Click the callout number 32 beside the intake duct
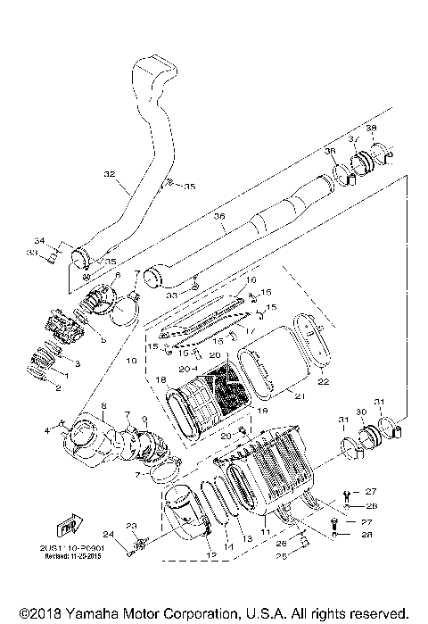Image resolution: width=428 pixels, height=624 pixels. tap(110, 174)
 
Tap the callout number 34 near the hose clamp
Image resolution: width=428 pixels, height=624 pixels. tap(39, 241)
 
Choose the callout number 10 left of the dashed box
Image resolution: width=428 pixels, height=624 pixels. tap(130, 363)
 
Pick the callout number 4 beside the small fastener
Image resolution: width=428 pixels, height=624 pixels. tap(59, 430)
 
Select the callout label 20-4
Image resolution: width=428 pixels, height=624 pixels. tap(187, 367)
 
